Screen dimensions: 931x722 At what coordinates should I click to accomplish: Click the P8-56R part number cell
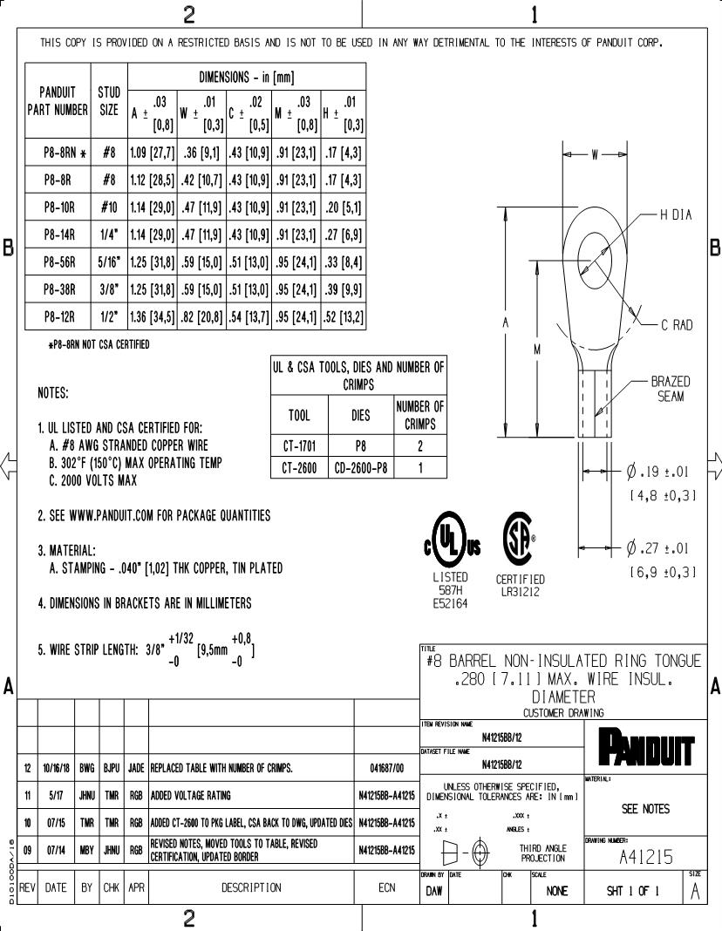tap(59, 262)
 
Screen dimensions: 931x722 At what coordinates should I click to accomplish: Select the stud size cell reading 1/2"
tap(109, 317)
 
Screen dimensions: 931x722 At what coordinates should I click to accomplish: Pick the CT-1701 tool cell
tap(301, 445)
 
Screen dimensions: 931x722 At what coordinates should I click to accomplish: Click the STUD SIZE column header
tap(109, 101)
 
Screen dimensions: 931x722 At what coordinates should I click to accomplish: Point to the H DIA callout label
tap(676, 215)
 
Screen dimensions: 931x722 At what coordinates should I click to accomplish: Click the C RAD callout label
tap(676, 325)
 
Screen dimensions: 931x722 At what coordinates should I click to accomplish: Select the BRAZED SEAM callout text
tap(671, 389)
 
